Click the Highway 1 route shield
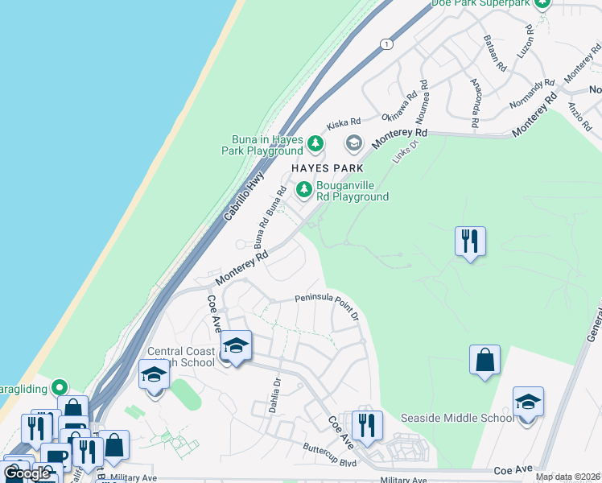click(x=388, y=44)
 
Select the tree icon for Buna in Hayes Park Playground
click(x=316, y=145)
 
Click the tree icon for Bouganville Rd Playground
click(x=303, y=190)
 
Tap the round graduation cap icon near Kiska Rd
click(x=353, y=144)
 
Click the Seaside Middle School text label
click(x=457, y=418)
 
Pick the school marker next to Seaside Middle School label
click(x=528, y=402)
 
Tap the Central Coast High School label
click(x=182, y=357)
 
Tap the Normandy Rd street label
click(x=533, y=93)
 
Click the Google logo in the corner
click(x=27, y=473)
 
